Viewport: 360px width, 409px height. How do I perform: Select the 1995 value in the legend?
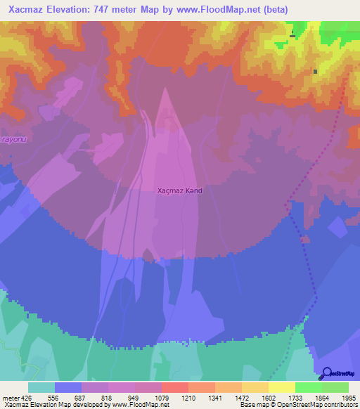(347, 398)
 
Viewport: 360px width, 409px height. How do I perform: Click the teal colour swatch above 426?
(41, 387)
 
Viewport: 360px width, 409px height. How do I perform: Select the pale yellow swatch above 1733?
(281, 387)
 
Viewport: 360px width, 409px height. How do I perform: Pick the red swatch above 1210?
(174, 387)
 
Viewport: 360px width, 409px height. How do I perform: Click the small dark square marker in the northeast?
(315, 72)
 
